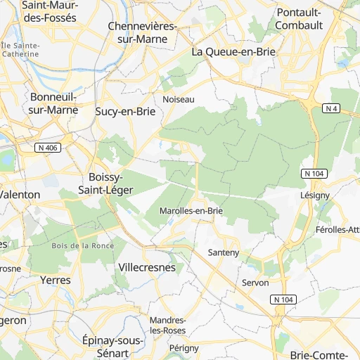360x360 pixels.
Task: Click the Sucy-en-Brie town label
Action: coord(124,111)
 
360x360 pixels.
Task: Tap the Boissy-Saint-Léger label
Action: coord(105,183)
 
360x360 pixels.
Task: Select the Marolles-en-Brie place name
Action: coord(191,210)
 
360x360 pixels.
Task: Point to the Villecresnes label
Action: coord(147,268)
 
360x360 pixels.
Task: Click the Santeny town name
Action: coord(224,252)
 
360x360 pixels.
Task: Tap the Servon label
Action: coord(255,282)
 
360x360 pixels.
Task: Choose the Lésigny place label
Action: coord(314,195)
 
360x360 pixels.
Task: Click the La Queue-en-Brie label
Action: coord(234,52)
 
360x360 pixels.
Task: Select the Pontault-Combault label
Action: coord(300,19)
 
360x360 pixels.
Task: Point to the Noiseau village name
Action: coord(178,100)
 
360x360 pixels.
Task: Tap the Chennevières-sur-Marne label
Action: coord(143,32)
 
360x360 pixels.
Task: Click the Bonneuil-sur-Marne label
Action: coord(53,103)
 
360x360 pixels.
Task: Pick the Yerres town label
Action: coord(56,280)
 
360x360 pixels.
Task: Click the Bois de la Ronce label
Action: coord(83,245)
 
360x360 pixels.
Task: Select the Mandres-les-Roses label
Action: coord(168,325)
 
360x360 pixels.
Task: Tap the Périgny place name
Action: coord(184,348)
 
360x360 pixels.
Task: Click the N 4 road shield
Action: coord(332,108)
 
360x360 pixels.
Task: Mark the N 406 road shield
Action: coord(46,148)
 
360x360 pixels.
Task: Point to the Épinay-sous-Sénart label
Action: coord(112,346)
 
